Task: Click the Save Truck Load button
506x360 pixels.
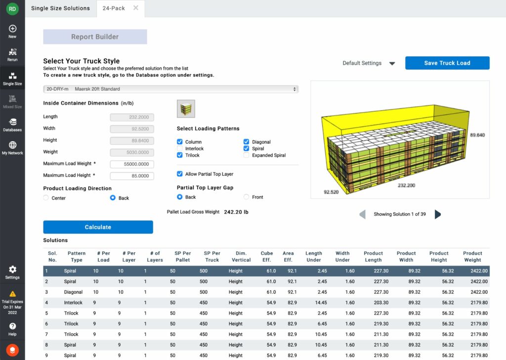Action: (x=447, y=63)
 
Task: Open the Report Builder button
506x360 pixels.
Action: (x=95, y=37)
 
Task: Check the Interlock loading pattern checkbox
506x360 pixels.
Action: (x=180, y=149)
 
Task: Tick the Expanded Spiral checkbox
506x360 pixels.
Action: (x=247, y=155)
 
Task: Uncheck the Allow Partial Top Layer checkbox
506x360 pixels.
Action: (x=180, y=174)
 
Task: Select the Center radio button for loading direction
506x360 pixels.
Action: (x=46, y=198)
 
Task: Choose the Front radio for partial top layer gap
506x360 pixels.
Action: (x=247, y=197)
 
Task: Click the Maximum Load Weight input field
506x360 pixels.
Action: (x=132, y=164)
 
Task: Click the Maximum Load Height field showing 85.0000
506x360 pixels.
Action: (x=132, y=176)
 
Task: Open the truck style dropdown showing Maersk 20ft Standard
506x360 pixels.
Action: (x=170, y=89)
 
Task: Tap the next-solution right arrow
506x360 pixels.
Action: (x=437, y=214)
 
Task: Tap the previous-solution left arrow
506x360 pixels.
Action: (x=363, y=214)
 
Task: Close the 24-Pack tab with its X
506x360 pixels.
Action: (x=136, y=8)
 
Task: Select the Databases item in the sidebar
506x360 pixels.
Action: (x=12, y=124)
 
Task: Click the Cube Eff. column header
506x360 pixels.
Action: (x=267, y=256)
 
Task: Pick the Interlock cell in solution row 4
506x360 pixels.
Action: (x=73, y=303)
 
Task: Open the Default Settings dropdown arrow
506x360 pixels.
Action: (x=392, y=64)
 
